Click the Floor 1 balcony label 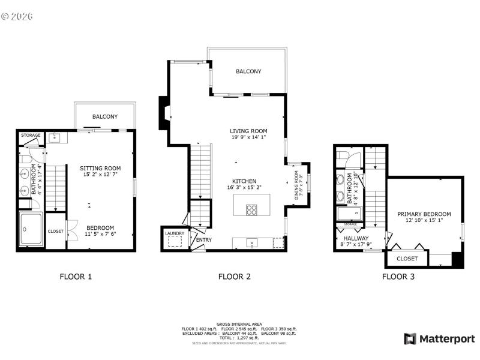click(104, 116)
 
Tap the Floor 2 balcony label click(248, 71)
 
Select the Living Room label click(248, 131)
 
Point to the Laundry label click(174, 233)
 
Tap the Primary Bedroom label click(424, 214)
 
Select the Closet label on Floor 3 click(407, 259)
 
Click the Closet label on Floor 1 click(56, 231)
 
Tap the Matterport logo click(440, 339)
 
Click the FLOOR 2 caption click(234, 277)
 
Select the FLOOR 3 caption click(398, 277)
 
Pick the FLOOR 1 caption click(76, 277)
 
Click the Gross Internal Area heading click(239, 324)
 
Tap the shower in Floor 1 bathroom click(31, 229)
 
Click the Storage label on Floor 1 click(31, 135)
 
